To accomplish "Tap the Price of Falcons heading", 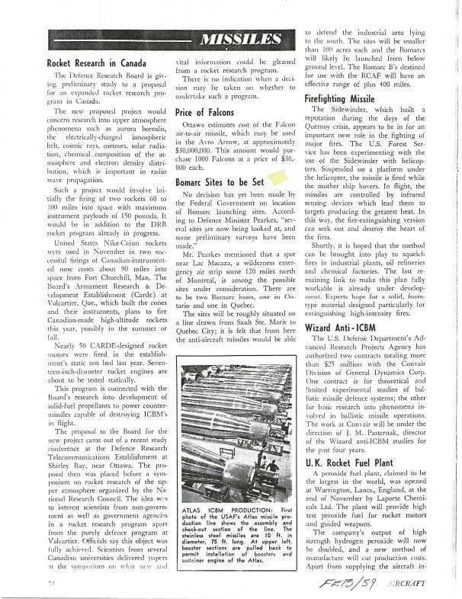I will point(206,113).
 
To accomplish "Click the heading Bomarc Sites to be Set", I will point(220,183).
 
